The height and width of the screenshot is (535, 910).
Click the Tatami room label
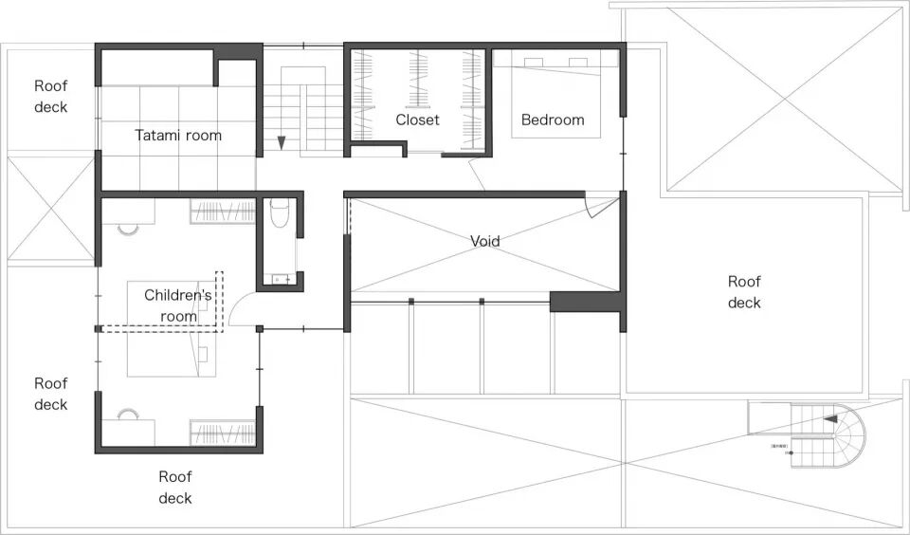point(178,136)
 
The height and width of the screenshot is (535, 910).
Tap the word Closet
point(417,120)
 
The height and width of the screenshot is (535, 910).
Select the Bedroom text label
point(553,120)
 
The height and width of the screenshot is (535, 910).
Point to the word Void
point(484,241)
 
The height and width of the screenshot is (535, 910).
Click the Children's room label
point(178,305)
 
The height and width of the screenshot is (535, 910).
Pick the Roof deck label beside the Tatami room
point(51,97)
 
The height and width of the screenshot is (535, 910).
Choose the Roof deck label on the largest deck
point(744,292)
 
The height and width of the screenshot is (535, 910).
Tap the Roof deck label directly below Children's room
point(175,488)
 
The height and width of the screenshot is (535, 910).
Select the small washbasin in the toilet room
point(279,279)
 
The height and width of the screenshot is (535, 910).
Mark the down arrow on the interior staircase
point(282,143)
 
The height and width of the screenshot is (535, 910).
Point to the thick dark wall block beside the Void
point(585,302)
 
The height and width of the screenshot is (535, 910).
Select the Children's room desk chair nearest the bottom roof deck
point(128,415)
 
